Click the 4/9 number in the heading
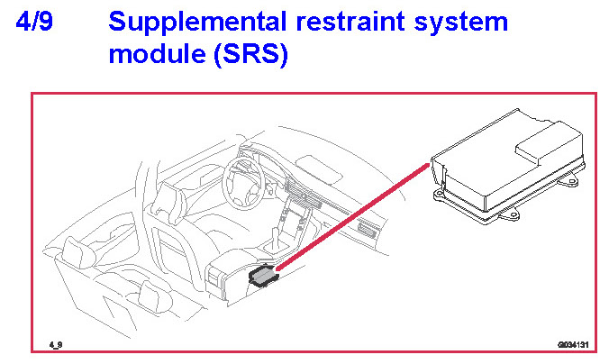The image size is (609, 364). pos(34,22)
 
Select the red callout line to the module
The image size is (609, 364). pos(351,216)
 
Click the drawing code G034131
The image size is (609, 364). pos(572,344)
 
